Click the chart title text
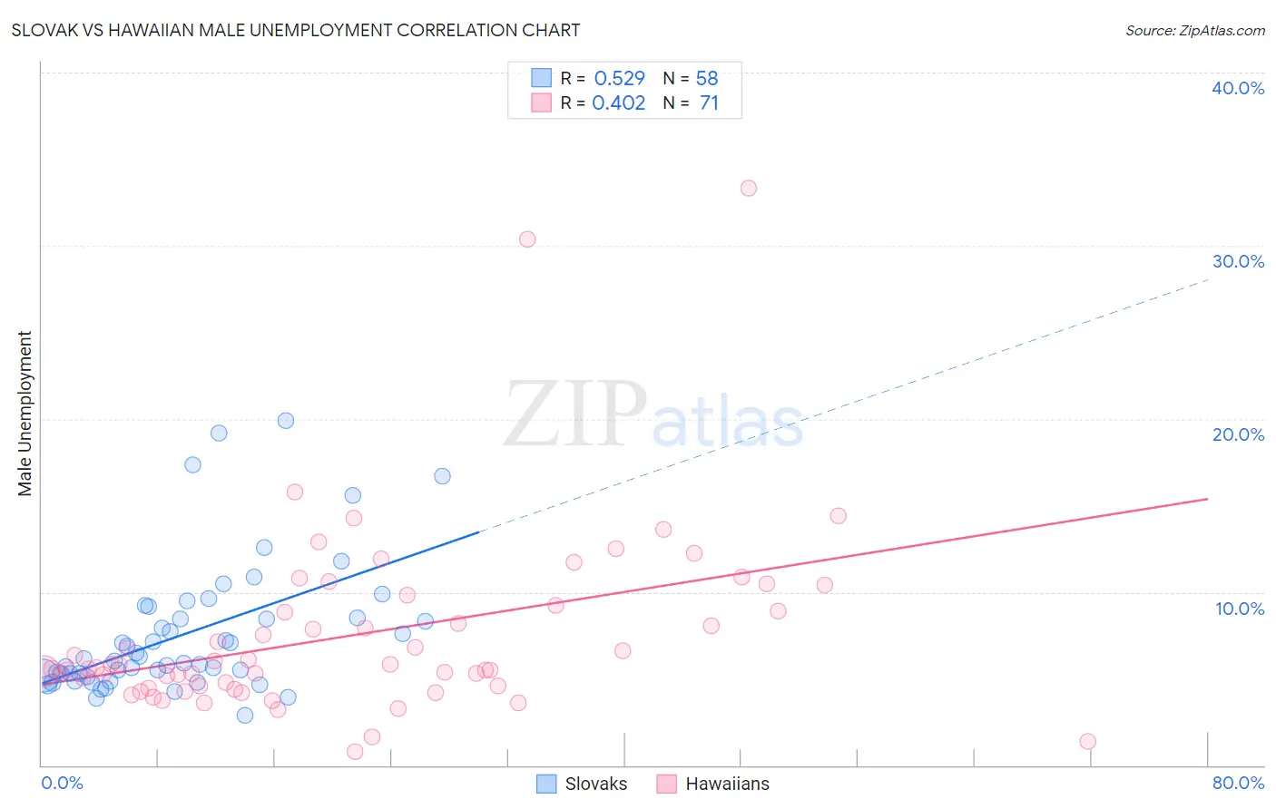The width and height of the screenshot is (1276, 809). pyautogui.click(x=296, y=30)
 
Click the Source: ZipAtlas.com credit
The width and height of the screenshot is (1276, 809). pyautogui.click(x=1194, y=30)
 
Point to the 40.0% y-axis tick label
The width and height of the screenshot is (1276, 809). pyautogui.click(x=1238, y=88)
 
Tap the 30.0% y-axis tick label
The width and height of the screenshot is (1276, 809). pyautogui.click(x=1238, y=261)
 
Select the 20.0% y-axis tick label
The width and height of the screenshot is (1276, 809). pyautogui.click(x=1238, y=434)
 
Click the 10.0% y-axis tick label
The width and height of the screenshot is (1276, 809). pyautogui.click(x=1240, y=608)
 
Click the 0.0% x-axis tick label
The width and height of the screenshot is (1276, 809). pyautogui.click(x=62, y=783)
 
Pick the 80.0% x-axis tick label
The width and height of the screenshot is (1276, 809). pyautogui.click(x=1238, y=783)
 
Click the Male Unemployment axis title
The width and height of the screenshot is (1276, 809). pyautogui.click(x=25, y=414)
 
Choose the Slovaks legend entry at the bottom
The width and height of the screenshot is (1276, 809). pyautogui.click(x=582, y=784)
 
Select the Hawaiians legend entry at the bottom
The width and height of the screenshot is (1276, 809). pyautogui.click(x=712, y=784)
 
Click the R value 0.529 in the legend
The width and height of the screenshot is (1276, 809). pyautogui.click(x=619, y=78)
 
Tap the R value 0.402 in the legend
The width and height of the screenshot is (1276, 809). pyautogui.click(x=618, y=102)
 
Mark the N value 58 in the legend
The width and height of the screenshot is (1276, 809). pyautogui.click(x=706, y=78)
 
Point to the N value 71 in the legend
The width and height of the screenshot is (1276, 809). pyautogui.click(x=709, y=102)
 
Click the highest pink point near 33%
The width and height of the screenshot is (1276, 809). pyautogui.click(x=749, y=188)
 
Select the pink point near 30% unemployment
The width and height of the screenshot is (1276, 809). pyautogui.click(x=527, y=239)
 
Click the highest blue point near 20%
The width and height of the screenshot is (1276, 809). pyautogui.click(x=286, y=420)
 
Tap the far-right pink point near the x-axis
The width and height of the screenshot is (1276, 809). pyautogui.click(x=1087, y=741)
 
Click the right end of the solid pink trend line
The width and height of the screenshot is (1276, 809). pyautogui.click(x=1207, y=499)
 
